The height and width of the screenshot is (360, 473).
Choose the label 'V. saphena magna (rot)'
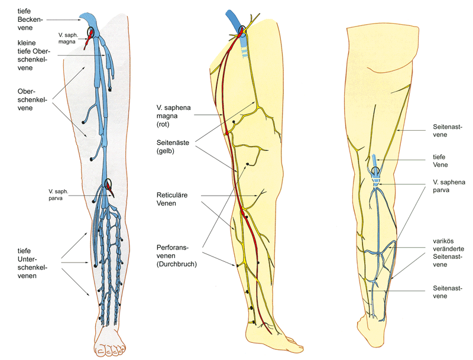(x=171, y=116)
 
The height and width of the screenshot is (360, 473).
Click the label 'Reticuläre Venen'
(x=172, y=199)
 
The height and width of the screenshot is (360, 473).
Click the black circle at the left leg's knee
(x=108, y=184)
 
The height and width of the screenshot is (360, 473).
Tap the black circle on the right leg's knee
(x=375, y=171)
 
